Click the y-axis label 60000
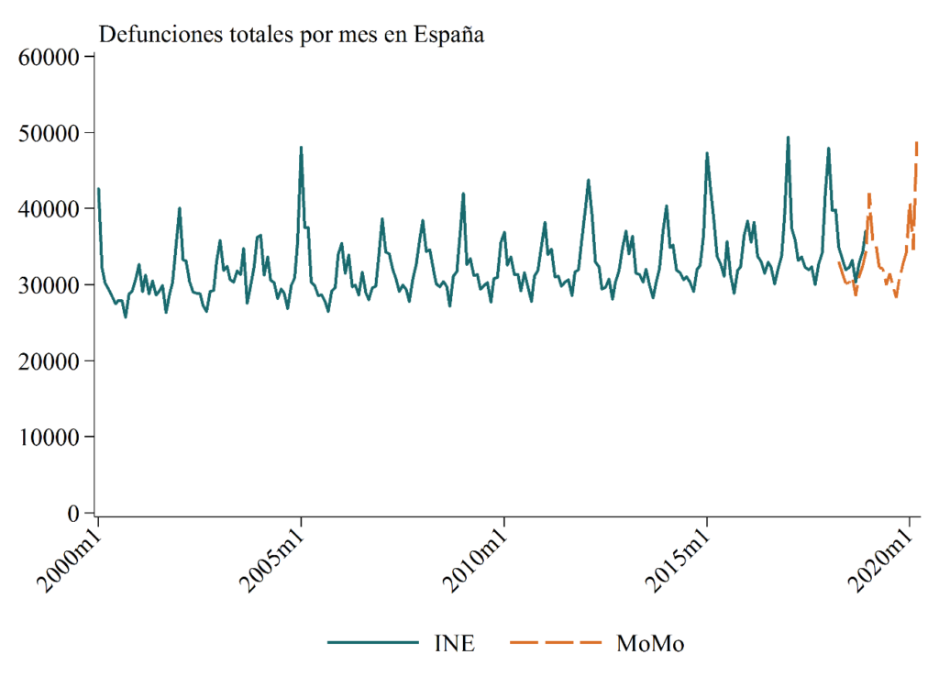click(50, 57)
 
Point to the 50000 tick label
click(50, 133)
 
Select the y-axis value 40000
click(50, 209)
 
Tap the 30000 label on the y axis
click(50, 285)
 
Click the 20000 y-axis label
click(50, 361)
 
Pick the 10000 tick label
click(50, 438)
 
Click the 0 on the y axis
click(76, 513)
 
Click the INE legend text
click(454, 642)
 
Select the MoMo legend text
click(650, 642)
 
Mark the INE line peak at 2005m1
click(301, 147)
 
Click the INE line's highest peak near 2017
click(788, 138)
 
